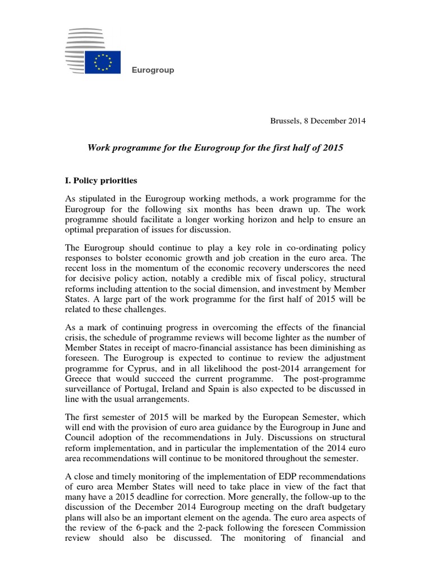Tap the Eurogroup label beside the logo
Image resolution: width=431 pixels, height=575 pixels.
153,70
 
